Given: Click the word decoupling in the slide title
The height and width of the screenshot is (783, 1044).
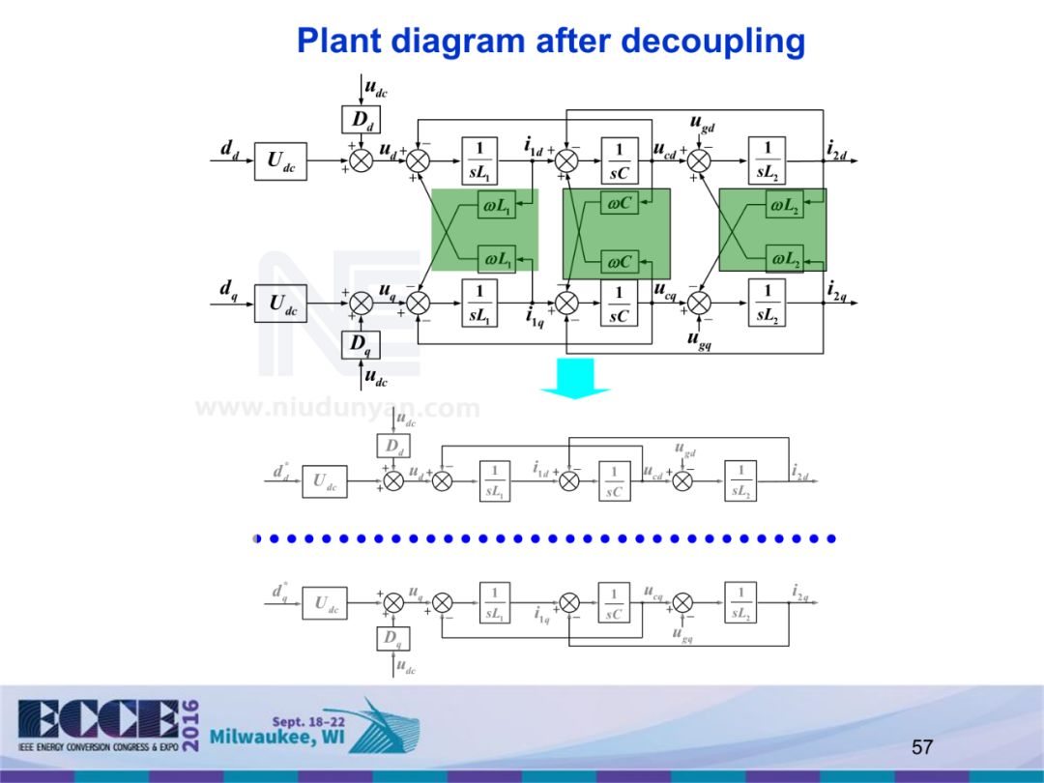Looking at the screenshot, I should [712, 42].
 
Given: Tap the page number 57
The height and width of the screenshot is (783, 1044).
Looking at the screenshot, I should [922, 746].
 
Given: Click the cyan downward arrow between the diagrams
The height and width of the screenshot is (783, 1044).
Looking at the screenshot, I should [575, 377].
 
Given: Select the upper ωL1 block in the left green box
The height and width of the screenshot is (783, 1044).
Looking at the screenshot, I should [497, 205].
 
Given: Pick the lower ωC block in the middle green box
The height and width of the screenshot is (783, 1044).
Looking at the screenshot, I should [619, 261].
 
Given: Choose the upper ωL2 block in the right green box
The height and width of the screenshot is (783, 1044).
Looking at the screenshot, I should [784, 205].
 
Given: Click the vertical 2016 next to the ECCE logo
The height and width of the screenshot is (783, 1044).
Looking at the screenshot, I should [190, 723].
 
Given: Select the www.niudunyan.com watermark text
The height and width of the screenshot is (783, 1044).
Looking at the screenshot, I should [337, 408].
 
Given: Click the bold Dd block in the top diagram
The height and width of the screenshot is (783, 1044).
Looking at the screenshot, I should [361, 120].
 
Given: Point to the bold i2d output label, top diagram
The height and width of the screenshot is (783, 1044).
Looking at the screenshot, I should [837, 149].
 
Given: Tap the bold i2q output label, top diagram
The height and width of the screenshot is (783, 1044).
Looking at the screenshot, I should [837, 288].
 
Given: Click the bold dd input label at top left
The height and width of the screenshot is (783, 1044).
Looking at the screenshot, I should [230, 149].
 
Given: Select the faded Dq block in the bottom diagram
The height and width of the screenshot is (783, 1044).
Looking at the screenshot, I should [393, 638].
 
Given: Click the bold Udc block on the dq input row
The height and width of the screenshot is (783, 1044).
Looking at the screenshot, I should [282, 304].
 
